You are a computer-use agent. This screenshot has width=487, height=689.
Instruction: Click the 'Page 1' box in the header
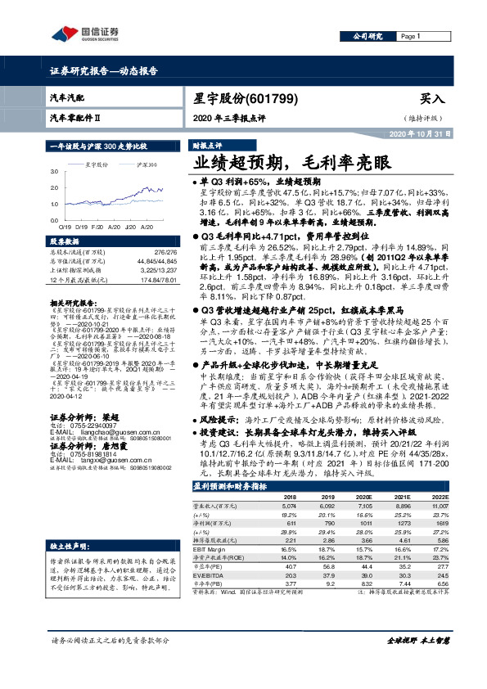click(425, 37)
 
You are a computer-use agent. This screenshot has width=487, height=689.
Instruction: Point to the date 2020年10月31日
click(416, 133)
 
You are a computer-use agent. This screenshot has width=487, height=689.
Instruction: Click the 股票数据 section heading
click(65, 243)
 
